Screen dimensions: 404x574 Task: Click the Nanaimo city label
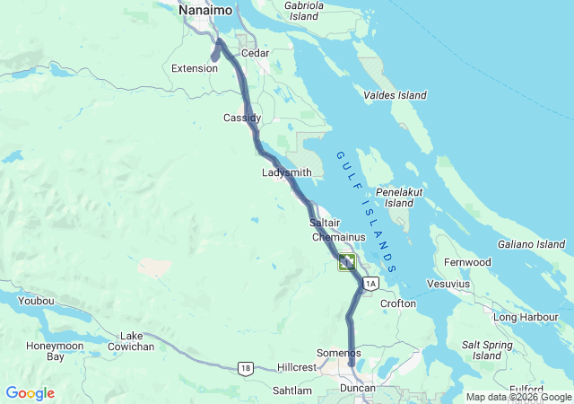(205, 10)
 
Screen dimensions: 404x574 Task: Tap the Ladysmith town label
(287, 172)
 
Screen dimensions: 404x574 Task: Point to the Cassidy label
(242, 118)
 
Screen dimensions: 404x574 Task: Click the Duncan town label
(357, 388)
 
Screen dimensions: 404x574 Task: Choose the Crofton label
(398, 303)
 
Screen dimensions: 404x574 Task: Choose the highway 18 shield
(245, 367)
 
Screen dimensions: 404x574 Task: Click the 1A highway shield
(371, 284)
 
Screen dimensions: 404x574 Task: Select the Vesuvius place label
(448, 284)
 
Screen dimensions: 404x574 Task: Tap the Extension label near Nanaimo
(195, 68)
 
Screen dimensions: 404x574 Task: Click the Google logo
(30, 393)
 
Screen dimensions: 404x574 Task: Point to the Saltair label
(324, 222)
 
